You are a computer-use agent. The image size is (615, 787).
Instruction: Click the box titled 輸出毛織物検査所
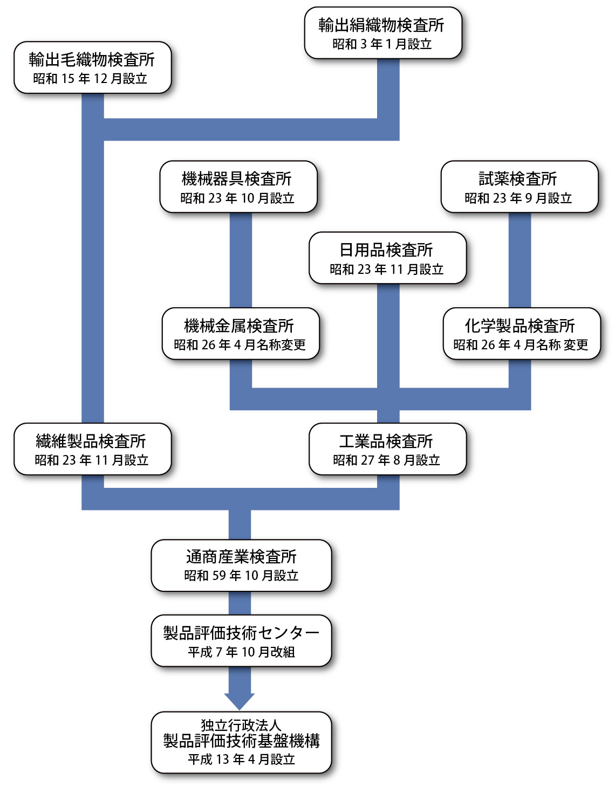(92, 67)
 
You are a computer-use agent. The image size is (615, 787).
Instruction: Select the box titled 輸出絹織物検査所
(383, 33)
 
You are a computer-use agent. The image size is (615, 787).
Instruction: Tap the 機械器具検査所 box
(238, 187)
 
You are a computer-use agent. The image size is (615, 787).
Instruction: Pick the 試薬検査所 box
(519, 187)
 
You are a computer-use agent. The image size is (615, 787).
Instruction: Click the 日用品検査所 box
(387, 258)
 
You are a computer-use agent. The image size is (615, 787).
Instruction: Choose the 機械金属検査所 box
(241, 334)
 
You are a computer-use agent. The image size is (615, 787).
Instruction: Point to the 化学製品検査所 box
(521, 334)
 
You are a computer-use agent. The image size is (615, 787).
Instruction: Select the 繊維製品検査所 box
(92, 449)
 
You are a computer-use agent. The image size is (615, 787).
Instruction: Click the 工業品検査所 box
(387, 449)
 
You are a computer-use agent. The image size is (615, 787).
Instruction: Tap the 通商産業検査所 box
(241, 565)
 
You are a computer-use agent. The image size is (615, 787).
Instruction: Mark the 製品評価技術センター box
(241, 641)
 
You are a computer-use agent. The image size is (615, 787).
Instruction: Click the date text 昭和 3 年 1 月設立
(382, 44)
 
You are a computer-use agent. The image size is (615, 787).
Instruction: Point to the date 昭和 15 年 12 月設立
(90, 79)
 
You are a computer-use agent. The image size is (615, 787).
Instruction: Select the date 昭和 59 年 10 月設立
(241, 576)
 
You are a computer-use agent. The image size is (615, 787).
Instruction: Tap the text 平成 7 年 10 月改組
(241, 652)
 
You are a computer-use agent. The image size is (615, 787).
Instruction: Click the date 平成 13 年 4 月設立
(241, 760)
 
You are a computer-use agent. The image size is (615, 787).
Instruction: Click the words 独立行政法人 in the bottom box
(241, 725)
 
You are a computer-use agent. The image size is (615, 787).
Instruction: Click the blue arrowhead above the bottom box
(240, 700)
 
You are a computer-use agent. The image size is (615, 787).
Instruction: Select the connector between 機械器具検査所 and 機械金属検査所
(241, 260)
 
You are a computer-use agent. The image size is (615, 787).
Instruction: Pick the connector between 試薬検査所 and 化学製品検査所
(520, 260)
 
